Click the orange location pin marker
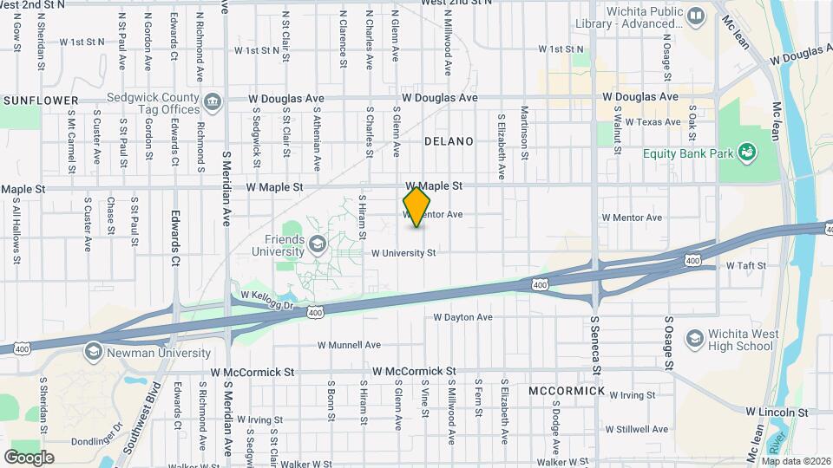pos(417,206)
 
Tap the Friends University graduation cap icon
pos(317,244)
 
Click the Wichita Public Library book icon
pos(695,16)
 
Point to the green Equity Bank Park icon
pos(745,154)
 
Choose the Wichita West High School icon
pos(693,338)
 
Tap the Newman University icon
pos(93,353)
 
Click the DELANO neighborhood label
pos(449,140)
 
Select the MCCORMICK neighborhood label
pos(567,391)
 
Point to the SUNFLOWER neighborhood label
pos(41,101)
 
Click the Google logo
pos(29,457)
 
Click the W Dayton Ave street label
pos(462,317)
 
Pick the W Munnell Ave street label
pos(350,344)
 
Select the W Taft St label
pos(746,265)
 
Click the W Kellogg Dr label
pos(269,296)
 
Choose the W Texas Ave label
pos(650,122)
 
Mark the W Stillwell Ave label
pos(637,429)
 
